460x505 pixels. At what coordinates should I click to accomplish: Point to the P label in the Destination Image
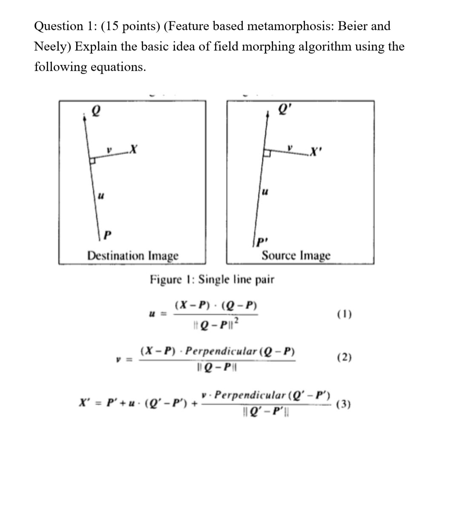[x=108, y=234]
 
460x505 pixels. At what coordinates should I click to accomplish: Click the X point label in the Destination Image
[x=133, y=149]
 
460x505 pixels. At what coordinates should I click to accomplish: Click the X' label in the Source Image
[x=316, y=152]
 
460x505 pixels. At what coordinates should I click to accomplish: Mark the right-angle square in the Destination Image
[x=92, y=160]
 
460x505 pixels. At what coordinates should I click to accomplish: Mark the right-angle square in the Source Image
[x=267, y=154]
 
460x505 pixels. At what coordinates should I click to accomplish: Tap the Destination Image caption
[x=133, y=256]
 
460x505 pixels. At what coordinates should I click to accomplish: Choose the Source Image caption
[x=296, y=256]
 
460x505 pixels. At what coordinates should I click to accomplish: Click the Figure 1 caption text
[x=212, y=280]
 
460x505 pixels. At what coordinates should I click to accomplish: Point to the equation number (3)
[x=344, y=404]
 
